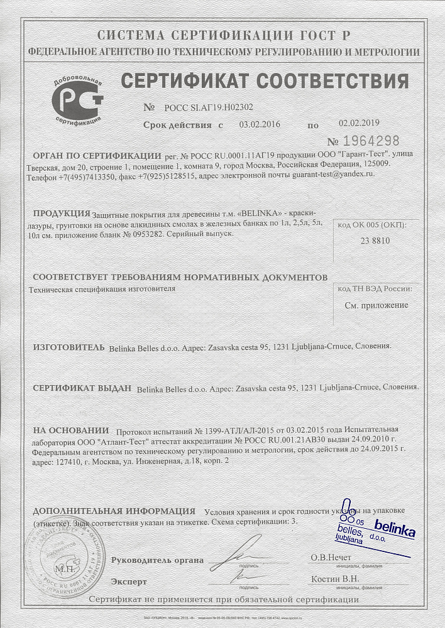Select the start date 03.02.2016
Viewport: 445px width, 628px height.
[260, 124]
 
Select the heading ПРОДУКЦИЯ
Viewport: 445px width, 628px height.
[61, 214]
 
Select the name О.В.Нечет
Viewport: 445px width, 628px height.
[331, 558]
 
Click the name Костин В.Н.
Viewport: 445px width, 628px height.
[335, 579]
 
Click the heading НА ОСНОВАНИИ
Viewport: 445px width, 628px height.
[70, 430]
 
